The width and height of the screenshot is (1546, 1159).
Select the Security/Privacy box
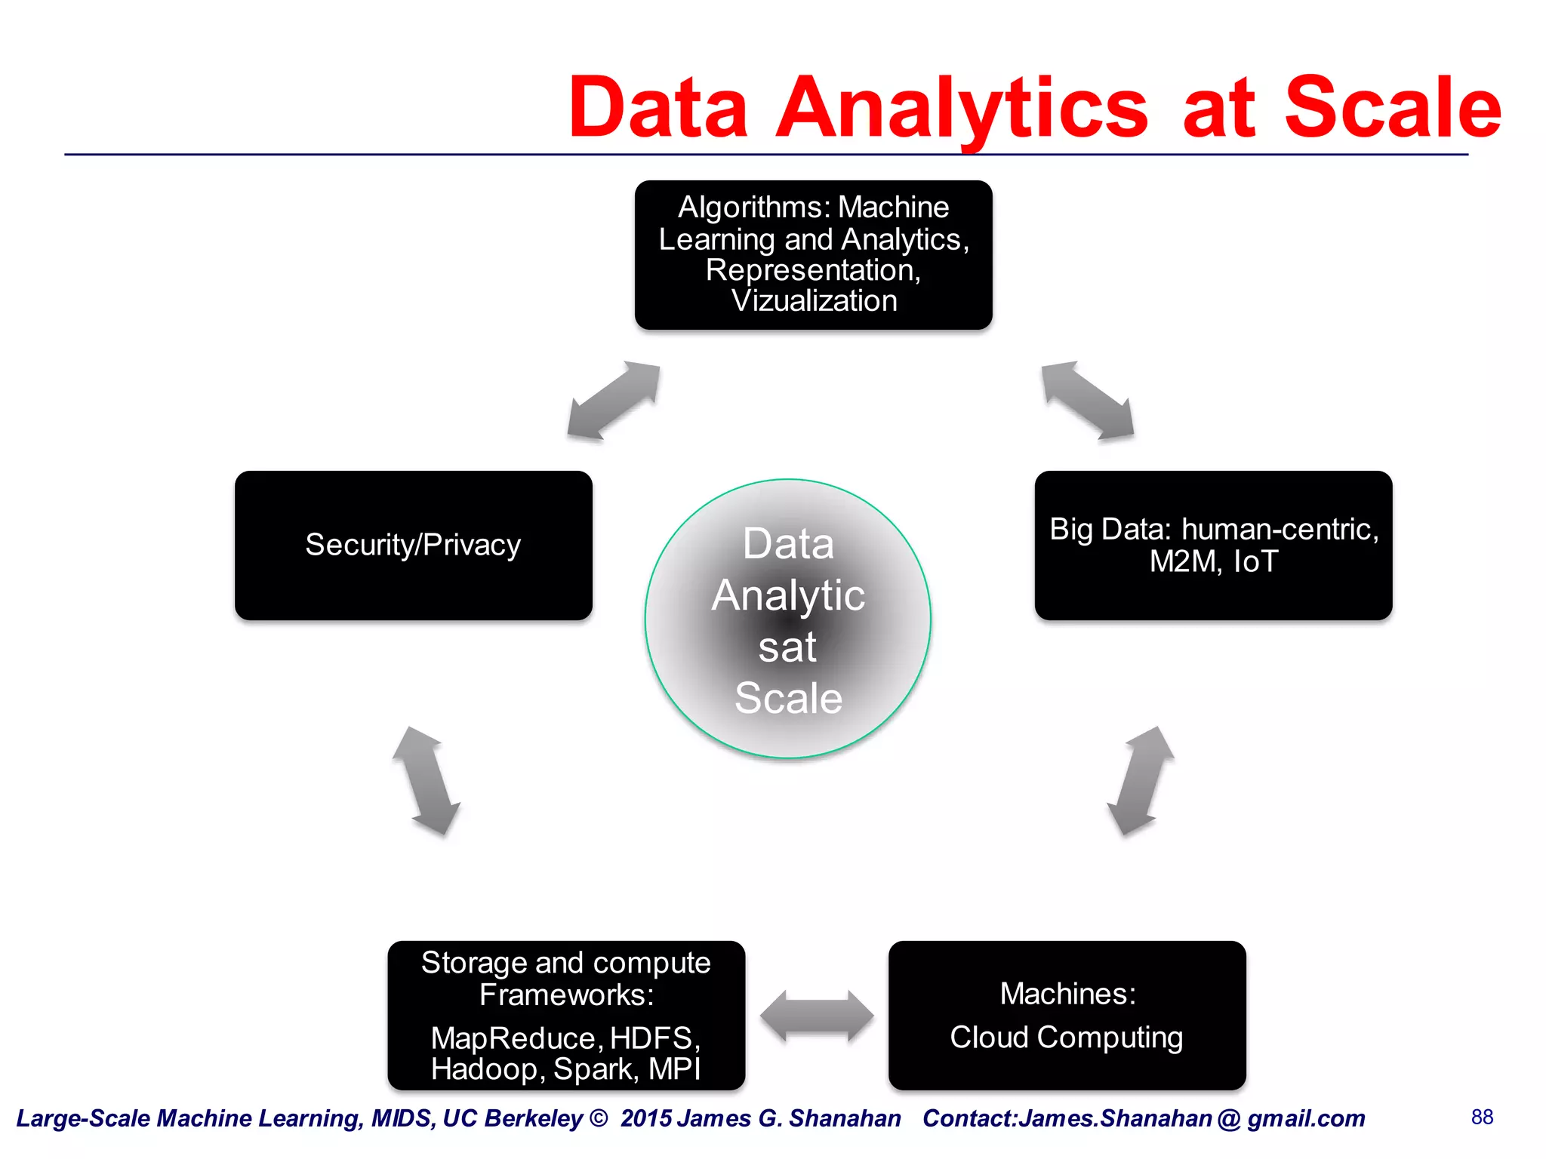(x=413, y=545)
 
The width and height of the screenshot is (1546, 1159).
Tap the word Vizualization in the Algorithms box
(x=814, y=301)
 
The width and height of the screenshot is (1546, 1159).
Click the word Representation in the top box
(x=811, y=270)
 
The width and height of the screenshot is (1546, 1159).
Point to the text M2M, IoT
(x=1213, y=561)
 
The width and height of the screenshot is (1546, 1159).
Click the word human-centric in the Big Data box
(x=1279, y=529)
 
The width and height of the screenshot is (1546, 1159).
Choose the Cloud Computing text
(x=1066, y=1037)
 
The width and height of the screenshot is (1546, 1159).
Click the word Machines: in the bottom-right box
(x=1067, y=994)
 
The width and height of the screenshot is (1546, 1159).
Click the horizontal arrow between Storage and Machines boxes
(x=817, y=1016)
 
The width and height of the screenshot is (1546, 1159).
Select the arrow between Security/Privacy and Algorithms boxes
(x=614, y=401)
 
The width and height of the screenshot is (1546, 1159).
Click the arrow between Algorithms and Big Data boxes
(x=1087, y=400)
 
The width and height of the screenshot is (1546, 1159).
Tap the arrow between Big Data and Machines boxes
(x=1140, y=781)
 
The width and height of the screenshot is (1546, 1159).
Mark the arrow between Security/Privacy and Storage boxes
(x=427, y=781)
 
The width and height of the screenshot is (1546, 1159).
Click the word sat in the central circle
(x=787, y=647)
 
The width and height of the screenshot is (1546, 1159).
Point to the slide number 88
(x=1482, y=1117)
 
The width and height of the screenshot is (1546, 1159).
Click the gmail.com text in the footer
(x=1306, y=1118)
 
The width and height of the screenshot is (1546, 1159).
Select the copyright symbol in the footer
(x=599, y=1117)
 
